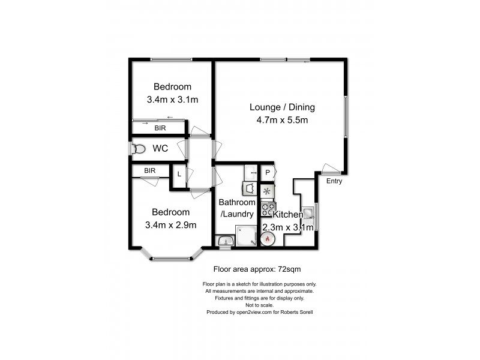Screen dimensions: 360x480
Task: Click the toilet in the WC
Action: click(139, 148)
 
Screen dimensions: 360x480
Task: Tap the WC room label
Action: click(160, 148)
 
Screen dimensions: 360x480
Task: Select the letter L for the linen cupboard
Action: click(179, 174)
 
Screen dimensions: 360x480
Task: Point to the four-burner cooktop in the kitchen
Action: click(268, 209)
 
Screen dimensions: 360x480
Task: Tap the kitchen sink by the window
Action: click(308, 213)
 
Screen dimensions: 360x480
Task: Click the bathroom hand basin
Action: click(224, 241)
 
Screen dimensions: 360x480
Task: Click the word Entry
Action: click(335, 180)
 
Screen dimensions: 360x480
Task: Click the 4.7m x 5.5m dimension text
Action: click(282, 120)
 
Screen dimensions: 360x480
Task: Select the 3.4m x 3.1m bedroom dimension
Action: click(172, 100)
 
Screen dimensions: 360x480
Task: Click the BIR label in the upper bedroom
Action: click(160, 128)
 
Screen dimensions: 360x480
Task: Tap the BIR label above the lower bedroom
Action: click(149, 171)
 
